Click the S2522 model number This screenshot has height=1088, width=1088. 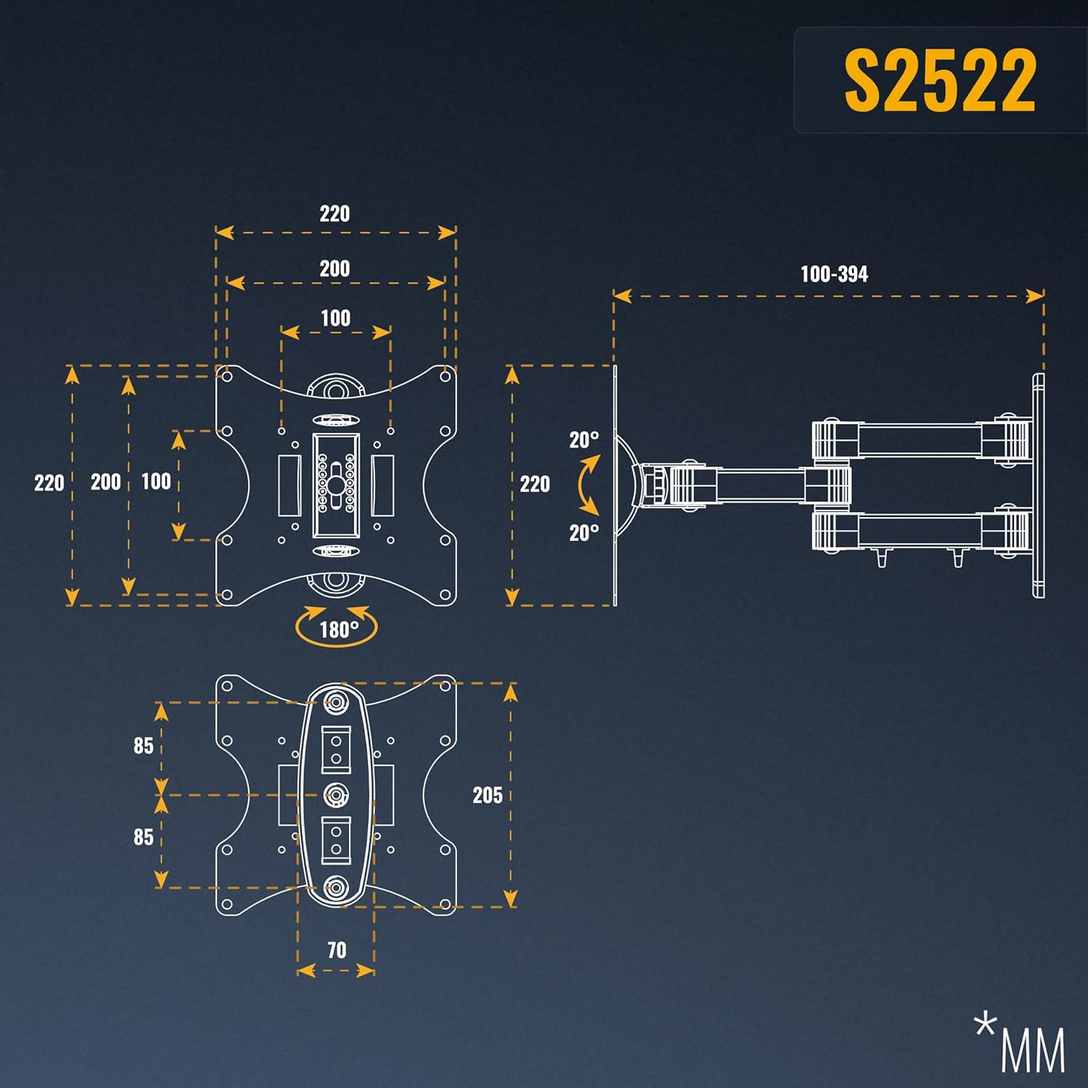[940, 80]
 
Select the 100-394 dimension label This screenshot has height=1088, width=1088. [834, 274]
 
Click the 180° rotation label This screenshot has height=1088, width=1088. [339, 629]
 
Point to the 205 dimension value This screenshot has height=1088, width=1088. [487, 795]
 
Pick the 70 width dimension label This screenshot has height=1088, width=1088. [337, 950]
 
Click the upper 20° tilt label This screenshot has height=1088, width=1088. [584, 440]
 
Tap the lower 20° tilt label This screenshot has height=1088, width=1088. [584, 532]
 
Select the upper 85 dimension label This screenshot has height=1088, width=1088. [144, 746]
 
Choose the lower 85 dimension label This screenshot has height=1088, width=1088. [144, 837]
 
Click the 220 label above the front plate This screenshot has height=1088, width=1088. [334, 214]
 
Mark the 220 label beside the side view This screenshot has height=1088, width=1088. [535, 484]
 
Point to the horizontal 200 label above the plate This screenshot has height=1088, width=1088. [334, 268]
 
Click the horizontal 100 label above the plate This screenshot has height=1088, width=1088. [335, 318]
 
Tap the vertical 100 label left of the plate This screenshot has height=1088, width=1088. [156, 482]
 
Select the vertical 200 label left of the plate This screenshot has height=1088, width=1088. [106, 482]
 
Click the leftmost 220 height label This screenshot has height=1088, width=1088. [49, 483]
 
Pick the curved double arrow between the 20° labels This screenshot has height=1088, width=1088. [588, 485]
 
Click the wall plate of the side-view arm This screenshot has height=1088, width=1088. [1039, 485]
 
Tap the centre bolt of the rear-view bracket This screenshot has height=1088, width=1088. [336, 795]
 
